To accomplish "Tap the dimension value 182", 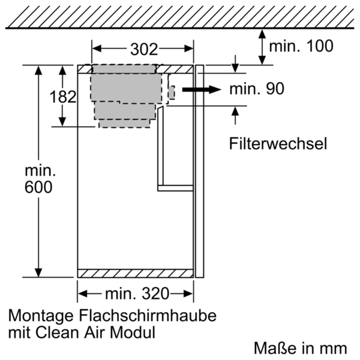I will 63,96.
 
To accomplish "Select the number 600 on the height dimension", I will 39,187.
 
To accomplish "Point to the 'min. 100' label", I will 300,46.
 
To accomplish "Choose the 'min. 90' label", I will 256,89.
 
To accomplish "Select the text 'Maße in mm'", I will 301,347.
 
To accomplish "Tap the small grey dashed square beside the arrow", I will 170,92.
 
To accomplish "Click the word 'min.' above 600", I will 39,169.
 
